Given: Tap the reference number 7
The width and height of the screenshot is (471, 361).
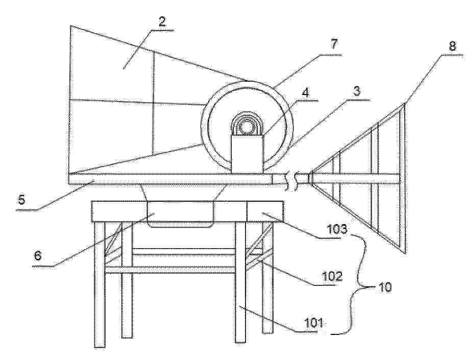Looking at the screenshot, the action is click(334, 44).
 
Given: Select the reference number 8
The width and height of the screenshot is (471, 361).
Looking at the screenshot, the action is click(453, 45).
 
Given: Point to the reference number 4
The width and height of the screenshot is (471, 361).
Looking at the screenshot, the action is click(305, 92).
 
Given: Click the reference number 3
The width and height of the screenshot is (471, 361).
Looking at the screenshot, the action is click(357, 91).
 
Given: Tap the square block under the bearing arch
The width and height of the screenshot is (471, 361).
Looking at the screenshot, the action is click(247, 153).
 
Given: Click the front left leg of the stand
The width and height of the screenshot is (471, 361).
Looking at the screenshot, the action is click(100, 284).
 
